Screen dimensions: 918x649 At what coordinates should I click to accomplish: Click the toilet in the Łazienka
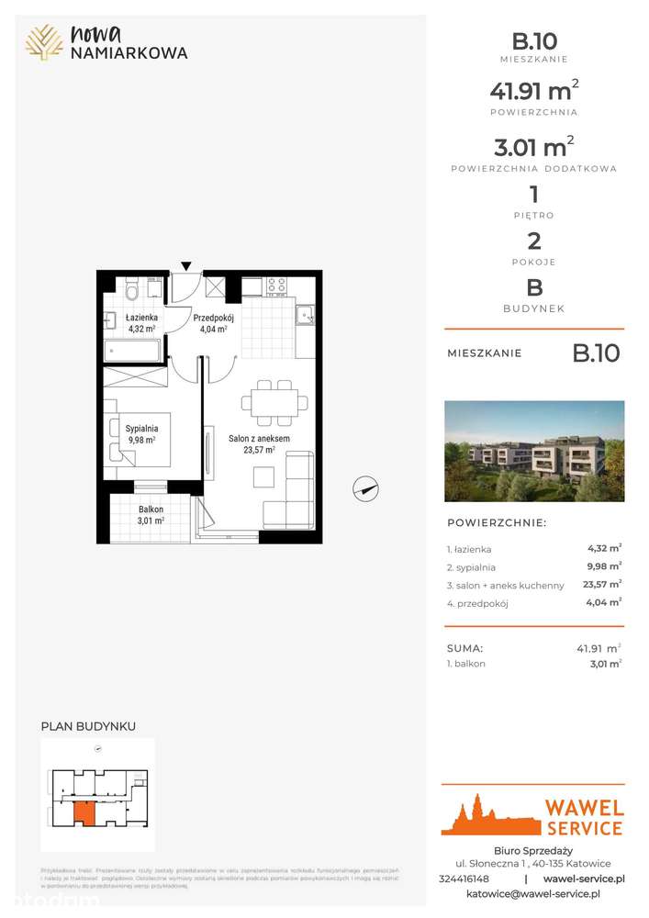pyautogui.click(x=133, y=292)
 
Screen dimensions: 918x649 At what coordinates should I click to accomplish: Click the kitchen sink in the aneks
pyautogui.click(x=307, y=316)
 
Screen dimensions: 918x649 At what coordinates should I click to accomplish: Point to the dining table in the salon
pyautogui.click(x=274, y=402)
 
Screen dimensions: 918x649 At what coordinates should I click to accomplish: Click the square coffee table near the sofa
pyautogui.click(x=264, y=476)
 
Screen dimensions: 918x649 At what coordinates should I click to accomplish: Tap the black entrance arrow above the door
pyautogui.click(x=186, y=266)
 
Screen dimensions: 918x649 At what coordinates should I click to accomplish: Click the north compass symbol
pyautogui.click(x=365, y=490)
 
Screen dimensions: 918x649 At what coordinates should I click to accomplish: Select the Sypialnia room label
pyautogui.click(x=142, y=428)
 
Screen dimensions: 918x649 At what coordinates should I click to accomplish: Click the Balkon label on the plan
pyautogui.click(x=151, y=509)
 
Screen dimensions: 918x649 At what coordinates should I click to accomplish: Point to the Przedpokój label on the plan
pyautogui.click(x=214, y=318)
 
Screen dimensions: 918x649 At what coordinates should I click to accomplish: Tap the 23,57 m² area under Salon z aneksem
pyautogui.click(x=259, y=450)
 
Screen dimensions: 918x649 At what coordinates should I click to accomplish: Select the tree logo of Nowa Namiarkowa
pyautogui.click(x=44, y=42)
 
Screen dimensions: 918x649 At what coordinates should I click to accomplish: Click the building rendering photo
pyautogui.click(x=533, y=451)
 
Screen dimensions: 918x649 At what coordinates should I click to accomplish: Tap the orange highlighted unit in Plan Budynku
pyautogui.click(x=84, y=812)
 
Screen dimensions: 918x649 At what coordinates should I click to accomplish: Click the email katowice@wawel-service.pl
pyautogui.click(x=532, y=893)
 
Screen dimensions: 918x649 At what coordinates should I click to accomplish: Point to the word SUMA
pyautogui.click(x=464, y=648)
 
